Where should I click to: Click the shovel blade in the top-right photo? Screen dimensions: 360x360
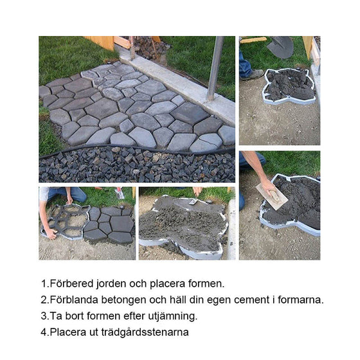(x=281, y=47)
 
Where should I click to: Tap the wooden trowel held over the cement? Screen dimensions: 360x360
(x=272, y=195)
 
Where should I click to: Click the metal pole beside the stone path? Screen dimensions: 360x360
(x=215, y=67)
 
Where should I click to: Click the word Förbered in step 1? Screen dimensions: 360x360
(x=69, y=283)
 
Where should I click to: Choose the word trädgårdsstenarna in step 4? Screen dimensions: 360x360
(x=148, y=332)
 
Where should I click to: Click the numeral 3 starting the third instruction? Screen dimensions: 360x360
(x=44, y=316)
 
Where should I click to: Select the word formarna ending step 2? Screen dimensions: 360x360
(x=301, y=300)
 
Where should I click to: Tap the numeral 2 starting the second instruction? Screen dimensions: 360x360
(x=44, y=300)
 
